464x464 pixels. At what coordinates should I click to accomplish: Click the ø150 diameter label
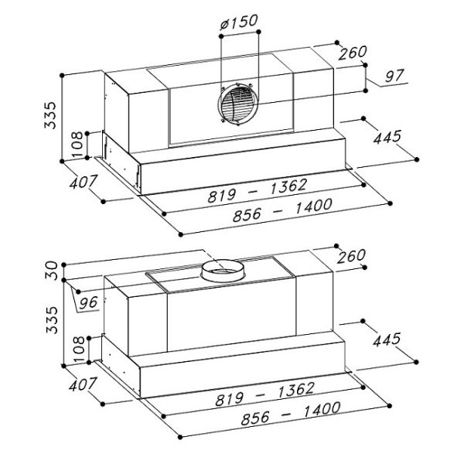pos(239,22)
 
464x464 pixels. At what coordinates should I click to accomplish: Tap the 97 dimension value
pos(394,76)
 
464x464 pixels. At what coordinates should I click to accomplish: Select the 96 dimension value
pos(89,302)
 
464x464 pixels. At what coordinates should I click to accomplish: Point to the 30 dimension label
pos(52,270)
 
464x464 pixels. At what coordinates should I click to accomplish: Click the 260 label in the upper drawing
pos(353,53)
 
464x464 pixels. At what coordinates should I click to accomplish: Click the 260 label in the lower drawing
pos(351,256)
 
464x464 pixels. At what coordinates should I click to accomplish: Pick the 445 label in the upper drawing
pos(387,137)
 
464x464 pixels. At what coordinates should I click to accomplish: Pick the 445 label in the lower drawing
pos(387,339)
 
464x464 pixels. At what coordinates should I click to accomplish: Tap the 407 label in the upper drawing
pos(84,182)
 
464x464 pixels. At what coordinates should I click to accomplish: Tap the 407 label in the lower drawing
pos(83,384)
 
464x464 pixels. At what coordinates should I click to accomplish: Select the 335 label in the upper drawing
pos(50,115)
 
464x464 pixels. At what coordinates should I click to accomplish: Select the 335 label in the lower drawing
pos(52,320)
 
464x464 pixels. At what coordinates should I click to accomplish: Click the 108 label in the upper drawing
pos(77,144)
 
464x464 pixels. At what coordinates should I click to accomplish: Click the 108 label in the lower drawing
pos(79,350)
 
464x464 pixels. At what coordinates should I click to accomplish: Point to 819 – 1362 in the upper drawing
pos(257,191)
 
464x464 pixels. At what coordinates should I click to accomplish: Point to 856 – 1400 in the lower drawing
pos(291,413)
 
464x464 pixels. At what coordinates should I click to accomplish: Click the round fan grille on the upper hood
pos(237,104)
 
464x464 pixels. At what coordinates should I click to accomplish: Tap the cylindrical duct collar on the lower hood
pos(223,271)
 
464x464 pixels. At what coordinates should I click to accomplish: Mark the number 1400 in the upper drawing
pos(314,206)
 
